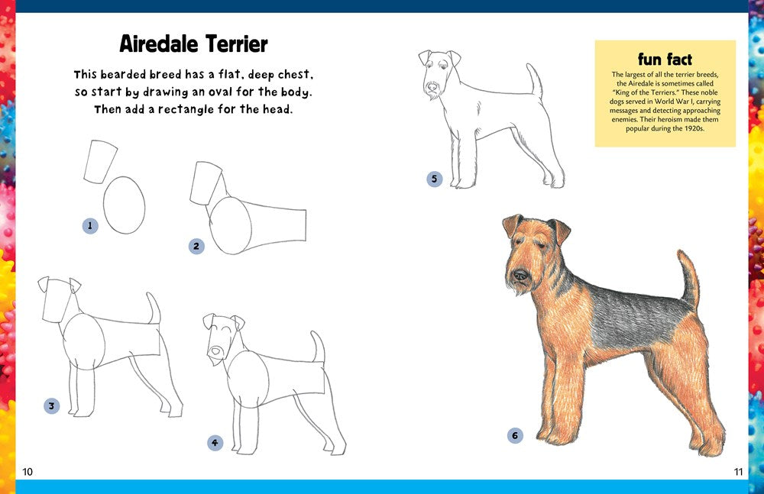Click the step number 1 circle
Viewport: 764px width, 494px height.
(90, 225)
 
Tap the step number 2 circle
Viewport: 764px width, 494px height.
(196, 246)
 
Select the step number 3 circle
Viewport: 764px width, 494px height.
(51, 405)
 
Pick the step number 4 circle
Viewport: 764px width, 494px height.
(215, 442)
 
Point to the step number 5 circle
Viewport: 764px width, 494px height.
(434, 179)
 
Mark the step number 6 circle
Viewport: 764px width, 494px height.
(515, 435)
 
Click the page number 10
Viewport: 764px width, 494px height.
(28, 472)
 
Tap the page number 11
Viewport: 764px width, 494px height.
(738, 472)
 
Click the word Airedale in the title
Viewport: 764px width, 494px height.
(157, 44)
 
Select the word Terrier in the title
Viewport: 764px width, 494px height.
(232, 44)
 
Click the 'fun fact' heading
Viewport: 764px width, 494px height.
(665, 59)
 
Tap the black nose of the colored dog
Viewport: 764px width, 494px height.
(520, 274)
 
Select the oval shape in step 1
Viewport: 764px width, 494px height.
(124, 205)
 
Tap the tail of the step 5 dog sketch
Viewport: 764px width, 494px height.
(536, 82)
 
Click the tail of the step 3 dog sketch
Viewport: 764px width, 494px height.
(154, 308)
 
